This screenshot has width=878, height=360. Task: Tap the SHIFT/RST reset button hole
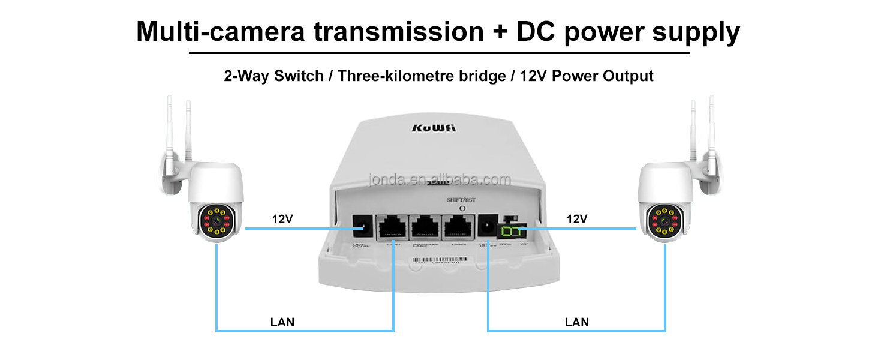(x=462, y=208)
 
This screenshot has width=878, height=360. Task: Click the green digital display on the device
(x=510, y=230)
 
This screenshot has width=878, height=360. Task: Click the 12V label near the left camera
(x=282, y=219)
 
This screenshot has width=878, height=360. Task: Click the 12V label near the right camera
(x=577, y=219)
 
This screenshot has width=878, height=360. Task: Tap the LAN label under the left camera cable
(x=282, y=322)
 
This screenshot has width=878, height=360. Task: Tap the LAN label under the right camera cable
(x=577, y=322)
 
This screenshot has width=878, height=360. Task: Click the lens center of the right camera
(x=664, y=221)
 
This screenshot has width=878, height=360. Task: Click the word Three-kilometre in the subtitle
(x=404, y=76)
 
